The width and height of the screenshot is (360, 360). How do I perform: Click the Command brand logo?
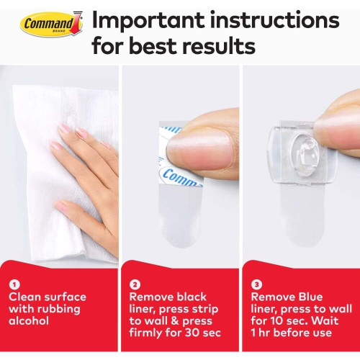tap(51, 24)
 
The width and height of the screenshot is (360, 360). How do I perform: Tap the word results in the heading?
tap(219, 46)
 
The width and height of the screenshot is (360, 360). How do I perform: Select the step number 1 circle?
tap(15, 284)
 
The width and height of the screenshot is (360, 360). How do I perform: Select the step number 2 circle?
tap(135, 284)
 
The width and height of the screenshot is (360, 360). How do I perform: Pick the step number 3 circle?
tap(256, 284)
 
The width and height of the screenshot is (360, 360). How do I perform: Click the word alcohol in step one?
tap(29, 320)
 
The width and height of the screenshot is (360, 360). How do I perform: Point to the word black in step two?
tap(191, 297)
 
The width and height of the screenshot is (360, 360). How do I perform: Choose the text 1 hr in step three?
tap(261, 333)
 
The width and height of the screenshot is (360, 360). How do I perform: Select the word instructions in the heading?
tap(275, 21)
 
